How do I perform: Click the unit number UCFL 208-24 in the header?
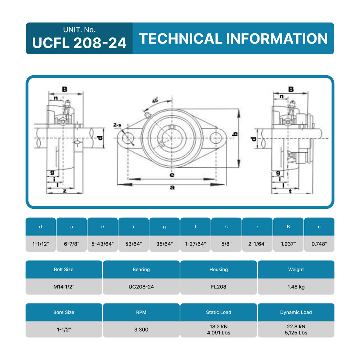coord(79,42)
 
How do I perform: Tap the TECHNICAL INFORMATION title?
coord(233,39)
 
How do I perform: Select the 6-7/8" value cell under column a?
coord(72,244)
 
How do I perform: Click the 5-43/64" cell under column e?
coord(103,244)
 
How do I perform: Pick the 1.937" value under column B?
coord(288,244)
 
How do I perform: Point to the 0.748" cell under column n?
coord(319,244)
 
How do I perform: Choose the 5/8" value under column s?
coord(226,244)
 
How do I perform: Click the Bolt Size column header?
coord(64,269)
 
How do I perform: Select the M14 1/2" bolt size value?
coord(64,287)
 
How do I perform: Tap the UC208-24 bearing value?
coord(141,287)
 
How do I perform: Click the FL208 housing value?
coord(219,287)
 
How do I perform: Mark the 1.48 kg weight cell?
coord(296,287)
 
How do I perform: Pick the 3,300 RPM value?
coord(141,329)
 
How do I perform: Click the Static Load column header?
coord(219,312)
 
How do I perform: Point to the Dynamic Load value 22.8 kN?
coord(296,327)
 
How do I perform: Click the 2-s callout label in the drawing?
coord(117,125)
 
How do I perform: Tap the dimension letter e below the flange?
coord(172,175)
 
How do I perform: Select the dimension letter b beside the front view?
coord(235,134)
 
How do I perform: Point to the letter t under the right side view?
coord(290,192)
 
